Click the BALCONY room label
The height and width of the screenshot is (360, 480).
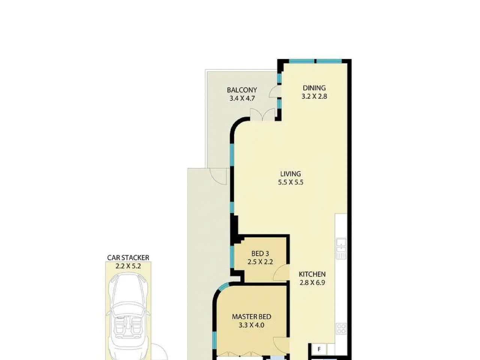point(241,90)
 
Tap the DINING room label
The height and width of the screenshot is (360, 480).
point(314,88)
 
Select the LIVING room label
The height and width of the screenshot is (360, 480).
point(290,174)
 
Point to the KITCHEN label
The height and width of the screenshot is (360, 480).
point(312,274)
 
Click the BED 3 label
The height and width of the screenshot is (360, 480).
point(260,253)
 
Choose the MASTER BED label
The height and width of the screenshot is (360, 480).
point(252,317)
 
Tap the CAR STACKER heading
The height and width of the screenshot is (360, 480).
point(128,258)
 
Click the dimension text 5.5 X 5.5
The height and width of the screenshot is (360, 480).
point(290,182)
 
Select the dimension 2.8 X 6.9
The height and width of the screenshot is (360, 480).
point(312,283)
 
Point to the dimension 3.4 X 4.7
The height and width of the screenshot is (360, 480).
point(242,98)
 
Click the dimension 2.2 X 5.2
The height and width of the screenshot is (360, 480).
point(128,266)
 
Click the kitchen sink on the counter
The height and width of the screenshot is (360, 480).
point(341,249)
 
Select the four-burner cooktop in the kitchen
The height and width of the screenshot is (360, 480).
point(341,328)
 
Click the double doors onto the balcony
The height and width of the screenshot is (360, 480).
point(262,114)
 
